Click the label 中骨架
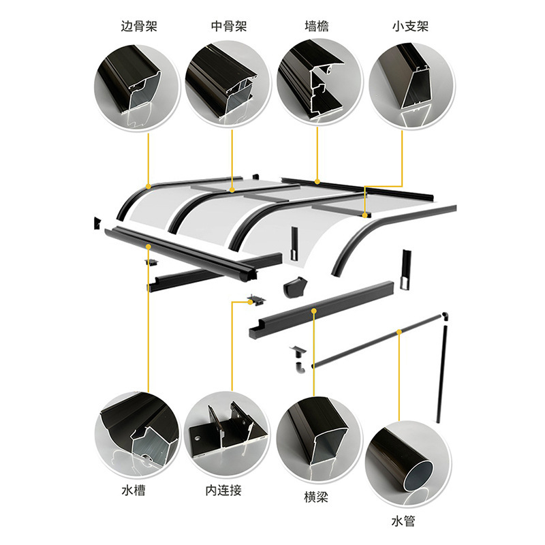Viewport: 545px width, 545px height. (x=229, y=27)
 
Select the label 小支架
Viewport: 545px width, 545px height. (x=410, y=27)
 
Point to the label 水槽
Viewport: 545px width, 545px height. (x=134, y=490)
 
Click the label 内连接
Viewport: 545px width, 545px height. (x=223, y=490)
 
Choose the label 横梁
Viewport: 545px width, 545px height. (x=316, y=497)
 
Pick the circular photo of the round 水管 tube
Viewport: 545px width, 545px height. (x=407, y=461)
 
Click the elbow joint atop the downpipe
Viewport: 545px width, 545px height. (x=445, y=317)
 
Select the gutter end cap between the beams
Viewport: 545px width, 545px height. (x=294, y=287)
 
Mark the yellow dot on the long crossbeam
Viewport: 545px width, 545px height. (x=313, y=311)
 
